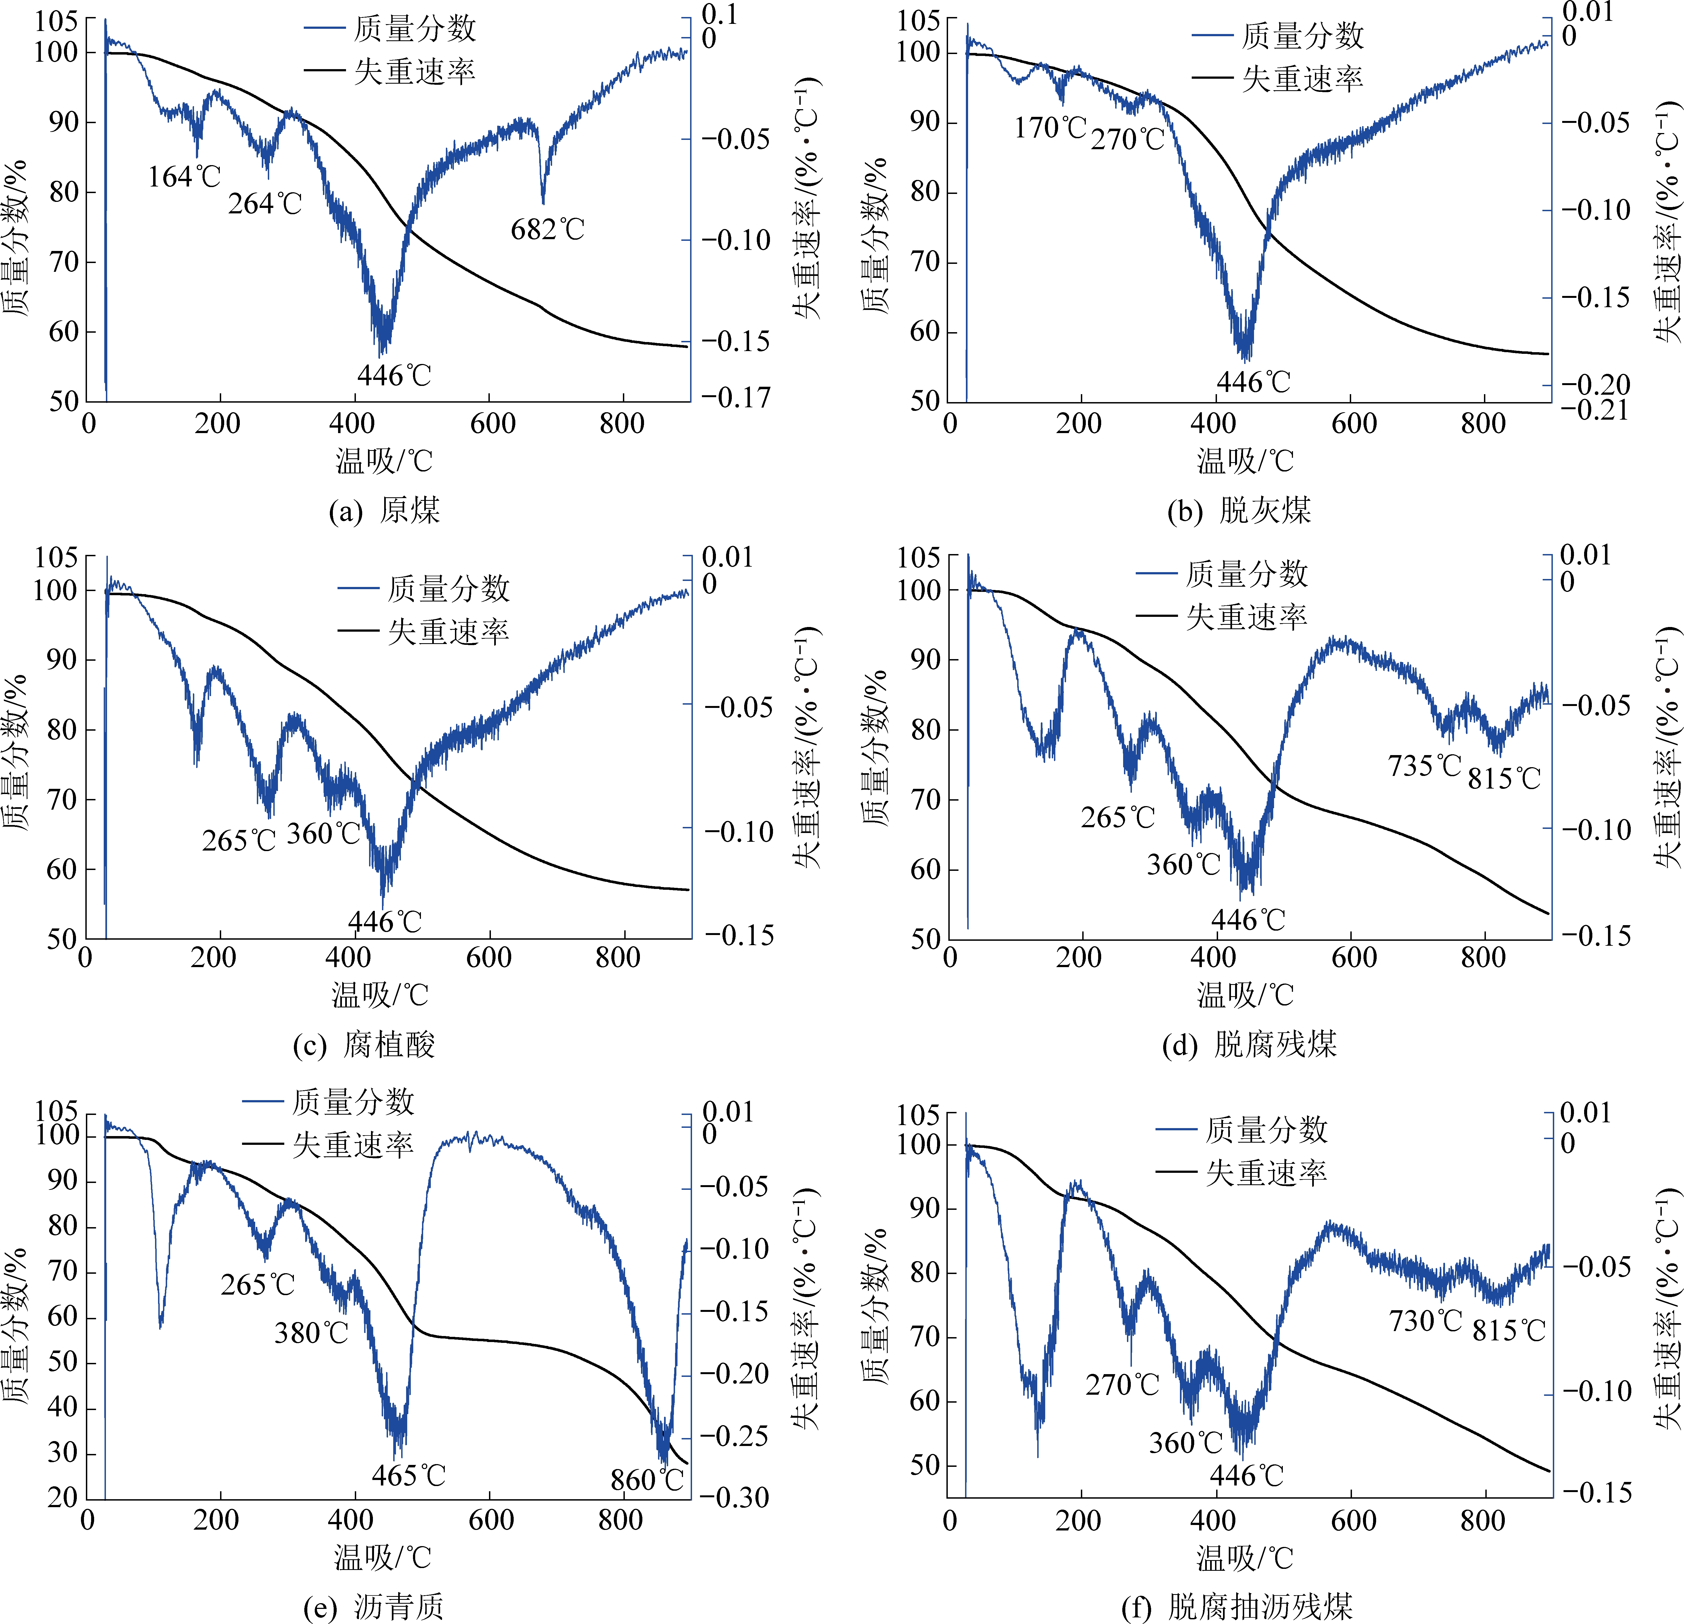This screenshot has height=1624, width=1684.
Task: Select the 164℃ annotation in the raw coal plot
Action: tap(184, 177)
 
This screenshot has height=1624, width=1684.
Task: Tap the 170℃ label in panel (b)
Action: tap(1050, 128)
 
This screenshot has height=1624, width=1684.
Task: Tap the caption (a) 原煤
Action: tap(384, 511)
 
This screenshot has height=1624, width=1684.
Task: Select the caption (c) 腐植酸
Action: tap(364, 1045)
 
